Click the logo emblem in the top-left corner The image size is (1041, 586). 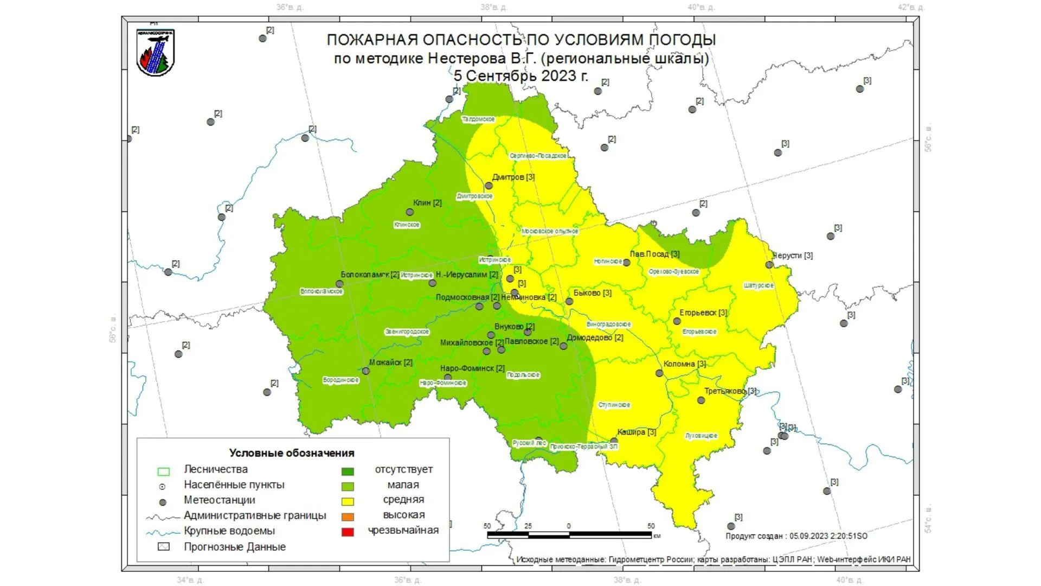tap(155, 52)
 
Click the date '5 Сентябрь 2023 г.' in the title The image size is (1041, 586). tap(520, 75)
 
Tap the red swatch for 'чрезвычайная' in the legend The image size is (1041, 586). tap(348, 532)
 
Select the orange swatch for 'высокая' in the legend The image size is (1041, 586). tap(348, 517)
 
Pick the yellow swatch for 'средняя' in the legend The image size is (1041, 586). tap(348, 501)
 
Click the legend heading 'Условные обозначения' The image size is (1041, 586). tap(292, 453)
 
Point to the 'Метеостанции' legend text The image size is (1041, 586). tap(219, 500)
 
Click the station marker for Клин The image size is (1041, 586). tap(410, 212)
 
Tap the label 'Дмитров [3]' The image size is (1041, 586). tap(513, 177)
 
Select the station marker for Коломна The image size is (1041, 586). tap(659, 373)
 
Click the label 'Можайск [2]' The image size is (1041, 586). tap(390, 362)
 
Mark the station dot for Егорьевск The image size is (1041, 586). tap(677, 321)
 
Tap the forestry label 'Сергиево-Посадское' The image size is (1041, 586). tap(538, 156)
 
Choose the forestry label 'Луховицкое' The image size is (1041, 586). tap(701, 436)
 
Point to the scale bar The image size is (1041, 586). tap(569, 534)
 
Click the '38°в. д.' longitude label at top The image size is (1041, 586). tap(493, 8)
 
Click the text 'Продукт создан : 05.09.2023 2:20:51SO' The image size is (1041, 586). tap(796, 536)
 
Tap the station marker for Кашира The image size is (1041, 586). tap(614, 441)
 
